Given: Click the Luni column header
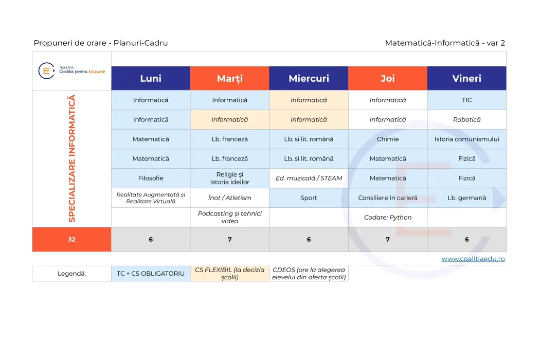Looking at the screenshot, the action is (x=151, y=78).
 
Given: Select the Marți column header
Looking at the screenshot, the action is (x=230, y=78).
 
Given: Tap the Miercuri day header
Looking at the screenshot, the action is (x=309, y=78).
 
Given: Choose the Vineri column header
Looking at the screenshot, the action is (x=466, y=78).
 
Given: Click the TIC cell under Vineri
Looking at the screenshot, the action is (x=466, y=100).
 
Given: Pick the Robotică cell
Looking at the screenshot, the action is (x=466, y=119).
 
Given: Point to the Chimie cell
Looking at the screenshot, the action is (x=388, y=139).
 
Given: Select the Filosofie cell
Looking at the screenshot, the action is (x=151, y=178).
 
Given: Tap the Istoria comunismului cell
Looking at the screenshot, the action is (x=466, y=139).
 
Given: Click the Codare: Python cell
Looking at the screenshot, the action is (x=388, y=218).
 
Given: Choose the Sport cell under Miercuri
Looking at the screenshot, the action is (x=309, y=197).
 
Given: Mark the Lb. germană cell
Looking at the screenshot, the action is (x=466, y=197).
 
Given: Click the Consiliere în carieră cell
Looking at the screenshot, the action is (x=388, y=197).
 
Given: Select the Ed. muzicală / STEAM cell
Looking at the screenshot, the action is (x=309, y=178).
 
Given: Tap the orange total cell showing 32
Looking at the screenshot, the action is (x=71, y=240).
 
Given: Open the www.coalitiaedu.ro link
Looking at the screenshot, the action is (x=473, y=259).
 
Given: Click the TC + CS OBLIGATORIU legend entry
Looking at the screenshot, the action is (x=151, y=274).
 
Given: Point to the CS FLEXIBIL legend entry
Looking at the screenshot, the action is (x=230, y=274).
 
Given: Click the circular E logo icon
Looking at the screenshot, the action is (x=46, y=71).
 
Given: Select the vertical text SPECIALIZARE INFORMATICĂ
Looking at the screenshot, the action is (x=71, y=158).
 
